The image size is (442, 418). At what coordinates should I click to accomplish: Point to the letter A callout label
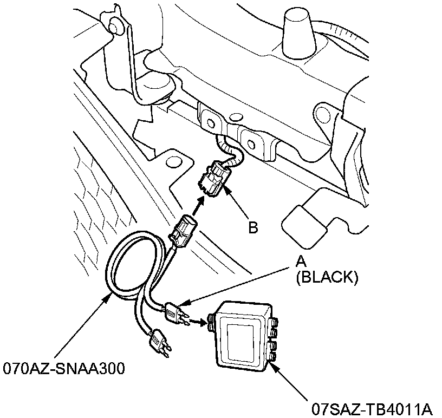pyautogui.click(x=300, y=262)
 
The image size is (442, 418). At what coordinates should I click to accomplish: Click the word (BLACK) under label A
pyautogui.click(x=327, y=277)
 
